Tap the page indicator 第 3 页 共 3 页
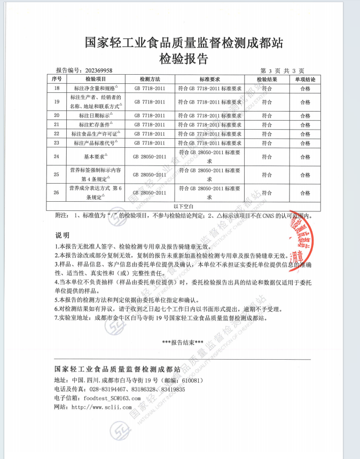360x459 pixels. [x=282, y=70]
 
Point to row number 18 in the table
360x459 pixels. [x=57, y=87]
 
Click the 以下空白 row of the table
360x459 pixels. [x=179, y=205]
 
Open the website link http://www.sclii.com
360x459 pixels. [x=101, y=407]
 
